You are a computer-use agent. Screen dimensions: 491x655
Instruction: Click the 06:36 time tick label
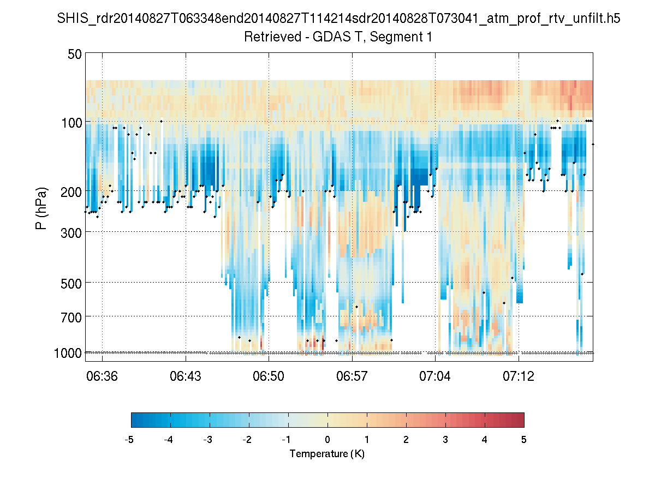[x=102, y=376]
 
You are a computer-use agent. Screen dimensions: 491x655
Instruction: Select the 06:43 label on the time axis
[x=186, y=376]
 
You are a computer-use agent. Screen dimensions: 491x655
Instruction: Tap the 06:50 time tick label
[x=269, y=376]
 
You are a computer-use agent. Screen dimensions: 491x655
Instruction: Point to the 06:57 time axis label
[x=352, y=376]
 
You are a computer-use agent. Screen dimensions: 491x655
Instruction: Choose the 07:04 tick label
[x=435, y=376]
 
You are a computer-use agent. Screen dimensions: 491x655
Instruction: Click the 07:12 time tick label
[x=519, y=376]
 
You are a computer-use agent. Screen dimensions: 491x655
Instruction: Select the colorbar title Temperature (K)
[x=327, y=454]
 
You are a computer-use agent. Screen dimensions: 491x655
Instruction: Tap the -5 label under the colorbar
[x=130, y=440]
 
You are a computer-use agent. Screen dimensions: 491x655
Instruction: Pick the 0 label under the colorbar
[x=327, y=440]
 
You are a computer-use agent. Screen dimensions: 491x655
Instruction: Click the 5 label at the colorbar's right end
[x=523, y=440]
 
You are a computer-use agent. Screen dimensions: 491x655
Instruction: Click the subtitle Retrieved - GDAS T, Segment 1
[x=338, y=37]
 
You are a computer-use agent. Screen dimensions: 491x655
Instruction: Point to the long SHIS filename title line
[x=338, y=20]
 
